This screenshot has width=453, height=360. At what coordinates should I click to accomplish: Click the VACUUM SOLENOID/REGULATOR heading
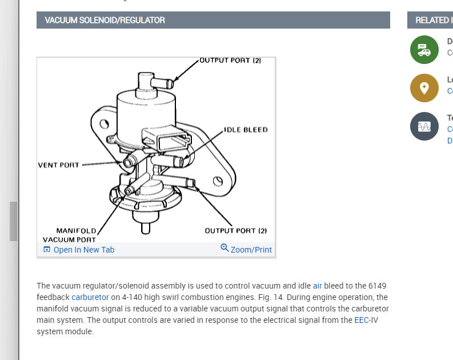[105, 20]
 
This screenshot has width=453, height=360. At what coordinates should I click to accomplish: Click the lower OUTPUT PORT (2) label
[236, 231]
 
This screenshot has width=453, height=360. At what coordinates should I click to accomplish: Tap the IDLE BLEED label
[246, 130]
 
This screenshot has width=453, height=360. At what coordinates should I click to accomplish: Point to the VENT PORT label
[59, 165]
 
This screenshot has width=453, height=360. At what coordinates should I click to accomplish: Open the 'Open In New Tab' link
[83, 250]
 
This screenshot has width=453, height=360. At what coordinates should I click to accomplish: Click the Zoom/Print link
[251, 250]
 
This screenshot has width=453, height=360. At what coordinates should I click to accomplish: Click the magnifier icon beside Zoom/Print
[225, 248]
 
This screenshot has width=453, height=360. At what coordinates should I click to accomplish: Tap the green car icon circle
[424, 50]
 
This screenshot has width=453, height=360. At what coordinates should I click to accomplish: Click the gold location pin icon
[424, 88]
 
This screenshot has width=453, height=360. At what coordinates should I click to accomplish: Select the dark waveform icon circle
[424, 126]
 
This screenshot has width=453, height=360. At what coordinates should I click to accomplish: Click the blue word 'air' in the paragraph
[318, 285]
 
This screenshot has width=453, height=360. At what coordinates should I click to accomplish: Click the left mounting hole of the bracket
[105, 123]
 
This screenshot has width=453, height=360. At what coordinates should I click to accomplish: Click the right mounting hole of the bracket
[217, 182]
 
